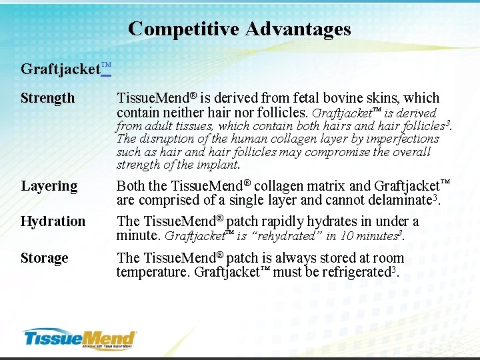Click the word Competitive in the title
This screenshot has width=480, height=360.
184,29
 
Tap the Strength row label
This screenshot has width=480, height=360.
47,98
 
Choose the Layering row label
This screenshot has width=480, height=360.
49,186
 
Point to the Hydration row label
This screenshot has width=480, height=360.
53,221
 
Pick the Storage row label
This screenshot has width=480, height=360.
44,258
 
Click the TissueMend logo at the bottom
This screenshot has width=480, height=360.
79,338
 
